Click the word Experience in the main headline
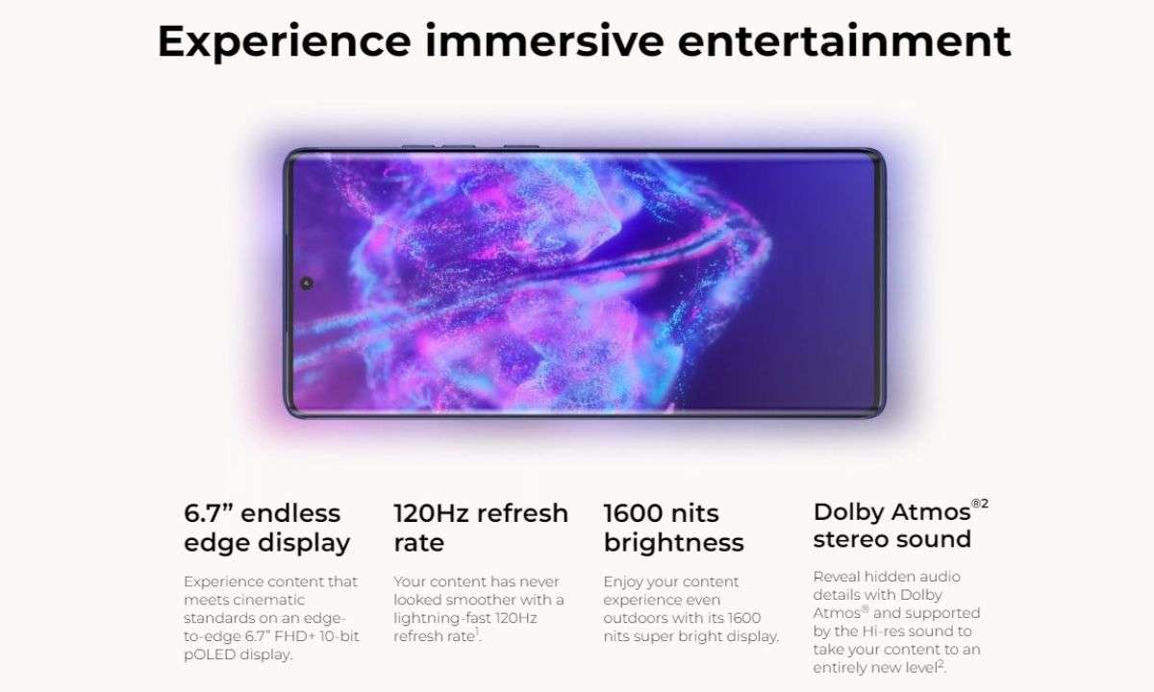[x=285, y=42]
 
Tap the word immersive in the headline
[x=544, y=40]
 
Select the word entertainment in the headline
[x=844, y=40]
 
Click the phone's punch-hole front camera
[x=307, y=283]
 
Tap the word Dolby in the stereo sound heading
[x=848, y=511]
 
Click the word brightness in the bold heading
[x=674, y=543]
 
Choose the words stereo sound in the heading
[x=892, y=539]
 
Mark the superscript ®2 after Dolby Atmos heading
[x=980, y=503]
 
